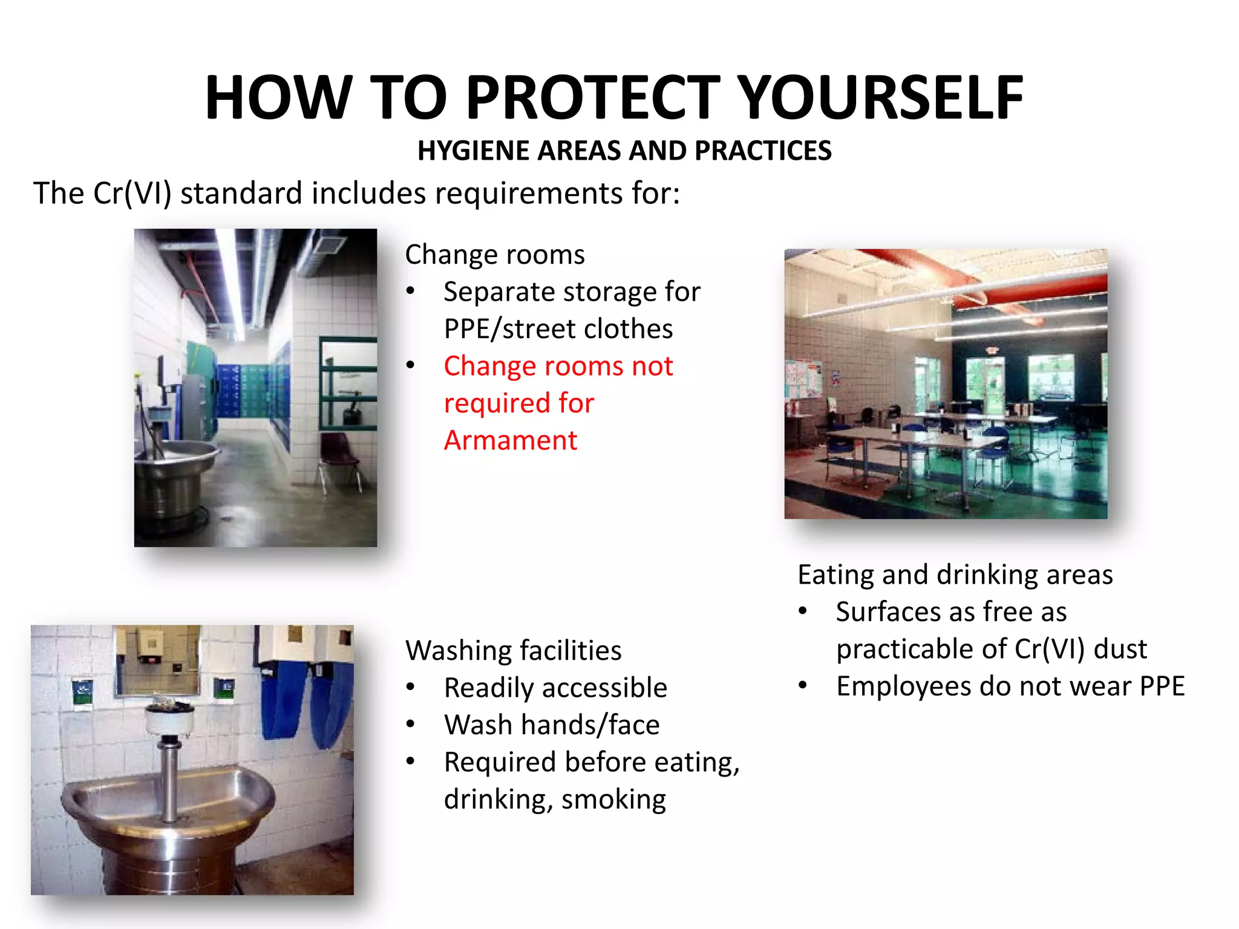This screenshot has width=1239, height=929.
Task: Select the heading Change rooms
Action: click(494, 255)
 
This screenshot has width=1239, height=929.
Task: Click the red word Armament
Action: click(510, 440)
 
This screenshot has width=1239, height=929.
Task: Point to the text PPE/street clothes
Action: click(558, 329)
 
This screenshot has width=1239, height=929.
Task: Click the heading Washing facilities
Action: click(513, 651)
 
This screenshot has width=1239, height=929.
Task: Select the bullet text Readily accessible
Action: click(555, 688)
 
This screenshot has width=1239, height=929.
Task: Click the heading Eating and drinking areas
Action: click(955, 575)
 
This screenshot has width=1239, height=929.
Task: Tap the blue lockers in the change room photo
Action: click(245, 390)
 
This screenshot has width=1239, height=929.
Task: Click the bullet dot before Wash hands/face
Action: click(411, 725)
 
